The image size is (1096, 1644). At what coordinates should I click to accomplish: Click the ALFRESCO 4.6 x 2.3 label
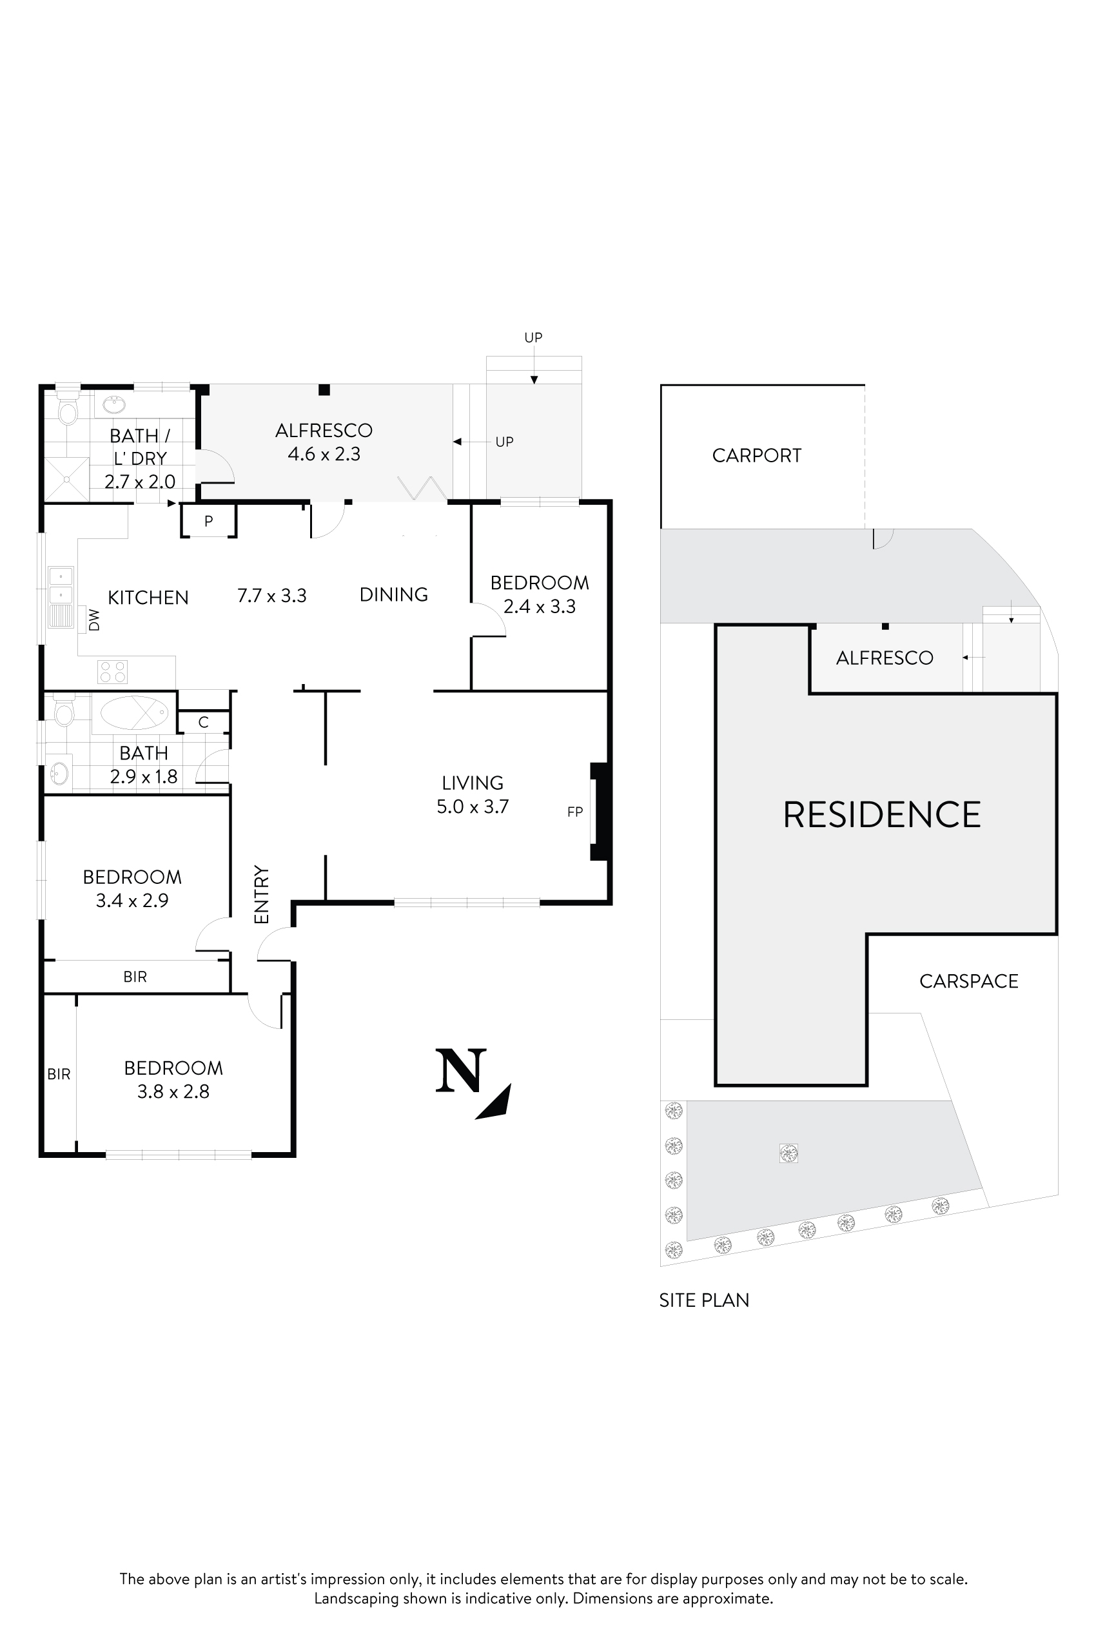324,442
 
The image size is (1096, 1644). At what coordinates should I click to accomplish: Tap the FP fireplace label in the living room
574,812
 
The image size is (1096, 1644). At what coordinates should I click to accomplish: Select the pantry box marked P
208,522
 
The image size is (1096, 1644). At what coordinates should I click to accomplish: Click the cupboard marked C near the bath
203,722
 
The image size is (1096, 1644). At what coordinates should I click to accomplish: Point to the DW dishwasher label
94,620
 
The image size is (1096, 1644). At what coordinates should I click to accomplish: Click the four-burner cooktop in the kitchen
113,672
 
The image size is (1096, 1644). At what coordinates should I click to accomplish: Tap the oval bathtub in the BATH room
134,713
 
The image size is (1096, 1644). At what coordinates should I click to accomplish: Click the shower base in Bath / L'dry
67,480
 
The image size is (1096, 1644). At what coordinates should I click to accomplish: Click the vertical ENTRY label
261,894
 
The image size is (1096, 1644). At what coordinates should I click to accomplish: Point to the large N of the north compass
460,1071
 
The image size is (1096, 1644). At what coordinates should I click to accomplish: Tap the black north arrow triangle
497,1103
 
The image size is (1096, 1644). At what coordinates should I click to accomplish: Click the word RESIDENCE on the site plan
881,815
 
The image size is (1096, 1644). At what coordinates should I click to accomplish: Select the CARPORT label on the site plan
756,456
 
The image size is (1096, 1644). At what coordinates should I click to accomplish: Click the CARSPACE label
968,981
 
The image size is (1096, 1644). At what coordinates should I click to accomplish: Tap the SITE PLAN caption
704,1300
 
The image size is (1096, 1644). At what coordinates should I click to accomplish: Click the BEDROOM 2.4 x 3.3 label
540,594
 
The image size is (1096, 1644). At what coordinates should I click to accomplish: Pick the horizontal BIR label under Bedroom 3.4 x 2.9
135,977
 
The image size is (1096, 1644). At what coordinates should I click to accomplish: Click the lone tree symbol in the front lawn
788,1153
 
